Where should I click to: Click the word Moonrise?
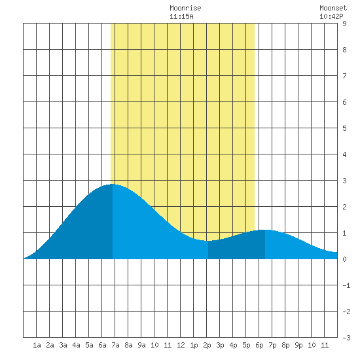(185, 8)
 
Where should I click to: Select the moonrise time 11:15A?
(181, 16)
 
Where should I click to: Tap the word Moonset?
(333, 8)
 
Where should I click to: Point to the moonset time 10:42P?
(331, 16)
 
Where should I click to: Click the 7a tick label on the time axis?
(115, 345)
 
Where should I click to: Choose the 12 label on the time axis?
(181, 345)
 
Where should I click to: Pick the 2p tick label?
(207, 345)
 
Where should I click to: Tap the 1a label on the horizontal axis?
(37, 345)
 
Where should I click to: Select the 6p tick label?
(259, 345)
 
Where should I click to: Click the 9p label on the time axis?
(298, 345)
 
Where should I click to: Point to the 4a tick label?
(76, 345)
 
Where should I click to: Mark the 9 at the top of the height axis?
(344, 24)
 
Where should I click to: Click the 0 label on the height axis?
(344, 259)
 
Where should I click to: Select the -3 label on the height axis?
(346, 338)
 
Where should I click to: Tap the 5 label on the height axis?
(344, 128)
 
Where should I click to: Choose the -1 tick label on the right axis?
(346, 285)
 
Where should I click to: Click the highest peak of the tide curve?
(113, 184)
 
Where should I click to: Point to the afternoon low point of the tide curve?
(208, 241)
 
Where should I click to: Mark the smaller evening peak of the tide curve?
(265, 230)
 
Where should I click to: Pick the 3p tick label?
(220, 345)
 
